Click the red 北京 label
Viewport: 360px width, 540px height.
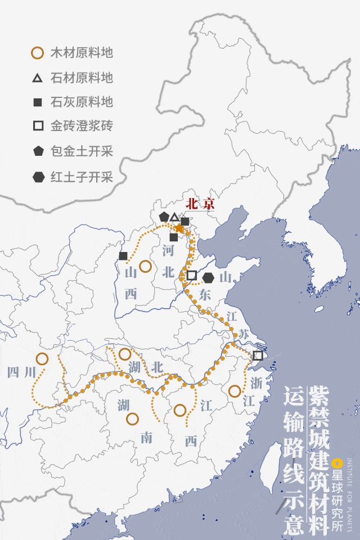pos(200,204)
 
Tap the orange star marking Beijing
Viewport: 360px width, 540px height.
pos(179,228)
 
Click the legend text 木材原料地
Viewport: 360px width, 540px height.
pos(82,53)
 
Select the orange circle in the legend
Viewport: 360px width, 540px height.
pos(37,53)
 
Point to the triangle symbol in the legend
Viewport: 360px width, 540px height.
pos(37,78)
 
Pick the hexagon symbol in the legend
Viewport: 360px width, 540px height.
pos(38,177)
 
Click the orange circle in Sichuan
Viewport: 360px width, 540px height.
pos(42,358)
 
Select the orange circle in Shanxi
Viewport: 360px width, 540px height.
pos(145,266)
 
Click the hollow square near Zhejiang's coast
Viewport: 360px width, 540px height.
pos(258,355)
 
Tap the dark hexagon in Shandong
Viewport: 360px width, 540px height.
pos(208,277)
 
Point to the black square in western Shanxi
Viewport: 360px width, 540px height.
pos(123,256)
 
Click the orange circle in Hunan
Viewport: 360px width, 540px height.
pos(132,418)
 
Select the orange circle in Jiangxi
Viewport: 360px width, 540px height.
pos(179,410)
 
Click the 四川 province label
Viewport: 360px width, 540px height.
pos(21,372)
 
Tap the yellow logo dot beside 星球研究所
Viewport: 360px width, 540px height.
pos(336,463)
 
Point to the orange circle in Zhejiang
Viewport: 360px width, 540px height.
pos(234,390)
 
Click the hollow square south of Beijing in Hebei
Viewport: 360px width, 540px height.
pos(191,275)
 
